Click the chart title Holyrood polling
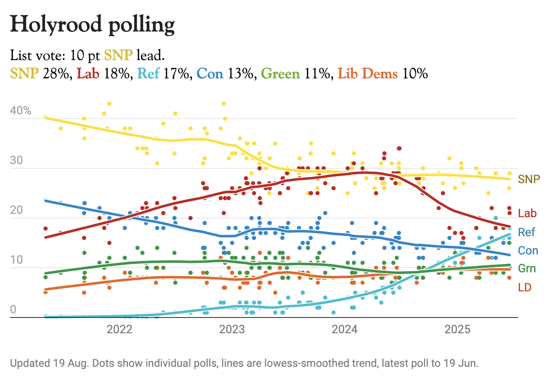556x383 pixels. click(x=92, y=25)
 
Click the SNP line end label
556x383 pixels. click(x=529, y=179)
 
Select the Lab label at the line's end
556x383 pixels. click(x=527, y=213)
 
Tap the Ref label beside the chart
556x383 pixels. click(x=526, y=232)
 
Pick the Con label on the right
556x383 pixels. click(x=528, y=250)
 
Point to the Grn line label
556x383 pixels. click(x=527, y=269)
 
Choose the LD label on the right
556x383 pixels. click(x=525, y=287)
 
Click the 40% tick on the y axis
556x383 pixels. click(x=21, y=111)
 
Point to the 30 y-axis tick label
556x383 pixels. click(x=16, y=160)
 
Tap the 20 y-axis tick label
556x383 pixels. click(x=16, y=210)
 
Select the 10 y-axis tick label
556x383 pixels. click(x=16, y=260)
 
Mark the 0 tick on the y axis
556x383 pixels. click(x=13, y=310)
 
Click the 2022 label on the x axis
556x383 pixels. click(x=119, y=330)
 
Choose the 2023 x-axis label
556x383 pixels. click(x=232, y=330)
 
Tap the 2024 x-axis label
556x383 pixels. click(x=345, y=330)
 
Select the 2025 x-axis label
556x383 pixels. click(x=457, y=330)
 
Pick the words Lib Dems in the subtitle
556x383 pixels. click(x=367, y=74)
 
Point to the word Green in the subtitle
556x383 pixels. click(x=280, y=74)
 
